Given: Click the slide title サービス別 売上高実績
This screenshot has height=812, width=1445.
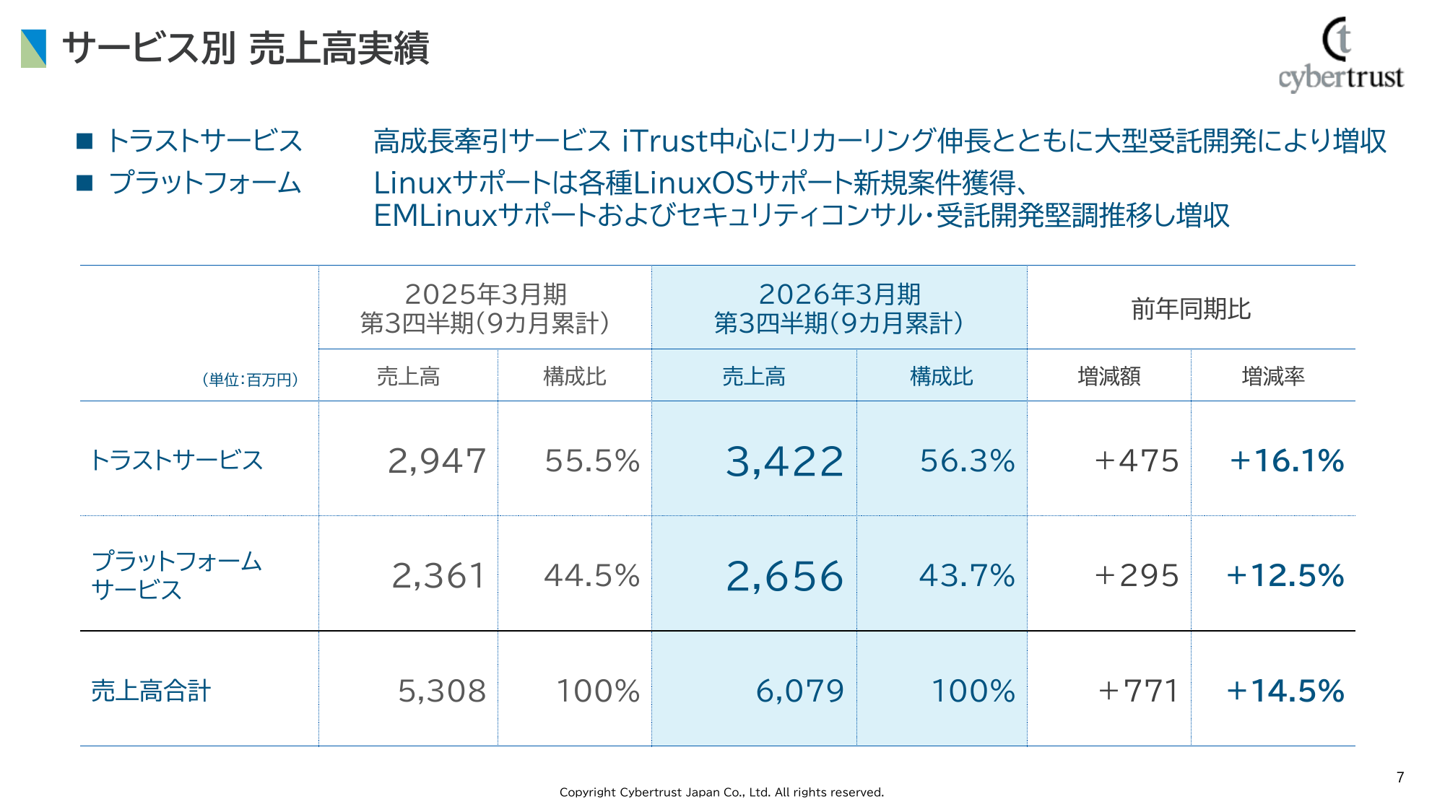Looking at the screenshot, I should tap(246, 48).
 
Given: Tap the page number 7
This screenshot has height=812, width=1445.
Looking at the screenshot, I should tap(1400, 777).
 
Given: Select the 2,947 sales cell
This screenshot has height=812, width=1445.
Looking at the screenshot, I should tap(437, 460).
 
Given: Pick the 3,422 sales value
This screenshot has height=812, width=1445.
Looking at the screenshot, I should tap(784, 461).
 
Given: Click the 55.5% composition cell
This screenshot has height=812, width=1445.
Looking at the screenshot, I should tap(592, 460).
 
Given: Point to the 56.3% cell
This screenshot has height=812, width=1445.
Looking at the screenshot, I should tap(967, 460).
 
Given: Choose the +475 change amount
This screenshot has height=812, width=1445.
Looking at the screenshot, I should tap(1137, 460).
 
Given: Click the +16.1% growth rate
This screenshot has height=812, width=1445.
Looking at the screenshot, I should tap(1286, 460).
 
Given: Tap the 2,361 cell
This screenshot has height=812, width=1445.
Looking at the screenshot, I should tap(438, 575).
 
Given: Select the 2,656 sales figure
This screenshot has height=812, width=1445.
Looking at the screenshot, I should tap(784, 576).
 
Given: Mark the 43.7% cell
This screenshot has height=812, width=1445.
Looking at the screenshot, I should tap(967, 575).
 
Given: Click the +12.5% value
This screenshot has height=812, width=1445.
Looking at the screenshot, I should tap(1285, 575).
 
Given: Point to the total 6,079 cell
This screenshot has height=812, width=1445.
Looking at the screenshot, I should tap(799, 691).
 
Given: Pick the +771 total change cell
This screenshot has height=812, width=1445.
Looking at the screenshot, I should tap(1138, 691).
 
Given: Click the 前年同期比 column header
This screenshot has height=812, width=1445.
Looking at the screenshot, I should tap(1191, 309).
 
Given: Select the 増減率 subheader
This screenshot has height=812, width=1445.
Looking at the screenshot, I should tap(1272, 376).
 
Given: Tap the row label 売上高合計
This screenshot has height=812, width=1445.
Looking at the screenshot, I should tap(151, 691).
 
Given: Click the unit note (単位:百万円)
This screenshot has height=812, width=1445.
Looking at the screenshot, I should tap(250, 380).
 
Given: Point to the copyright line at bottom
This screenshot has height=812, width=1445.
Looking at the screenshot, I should tap(721, 792).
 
